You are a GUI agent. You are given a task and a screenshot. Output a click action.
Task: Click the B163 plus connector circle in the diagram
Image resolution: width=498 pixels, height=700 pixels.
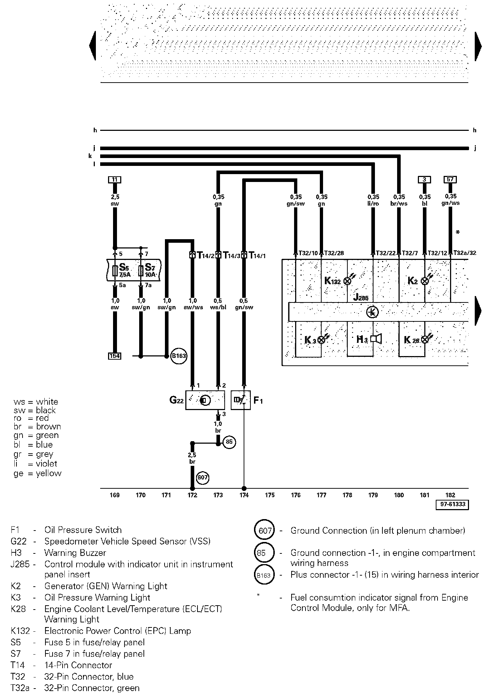(x=179, y=356)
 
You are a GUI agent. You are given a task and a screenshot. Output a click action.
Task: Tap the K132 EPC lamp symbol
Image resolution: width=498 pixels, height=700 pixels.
(x=347, y=281)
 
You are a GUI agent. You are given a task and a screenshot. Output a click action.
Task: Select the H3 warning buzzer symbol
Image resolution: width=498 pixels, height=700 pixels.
(x=376, y=339)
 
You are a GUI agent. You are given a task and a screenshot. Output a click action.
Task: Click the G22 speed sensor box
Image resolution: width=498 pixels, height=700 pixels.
(x=205, y=400)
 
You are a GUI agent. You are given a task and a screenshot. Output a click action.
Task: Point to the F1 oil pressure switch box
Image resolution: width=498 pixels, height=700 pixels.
(x=240, y=400)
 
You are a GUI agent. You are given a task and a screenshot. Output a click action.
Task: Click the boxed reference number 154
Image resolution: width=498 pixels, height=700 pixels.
(x=114, y=356)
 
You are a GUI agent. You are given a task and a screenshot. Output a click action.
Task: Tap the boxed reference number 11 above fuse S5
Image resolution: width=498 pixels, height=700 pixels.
(x=114, y=179)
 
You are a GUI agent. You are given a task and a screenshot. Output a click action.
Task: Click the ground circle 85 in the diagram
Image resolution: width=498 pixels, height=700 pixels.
(x=229, y=442)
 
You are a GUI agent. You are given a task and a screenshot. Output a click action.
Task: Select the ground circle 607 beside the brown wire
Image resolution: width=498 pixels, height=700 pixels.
(x=202, y=478)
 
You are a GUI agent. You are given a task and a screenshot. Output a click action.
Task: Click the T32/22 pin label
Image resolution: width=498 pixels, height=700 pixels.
(x=385, y=253)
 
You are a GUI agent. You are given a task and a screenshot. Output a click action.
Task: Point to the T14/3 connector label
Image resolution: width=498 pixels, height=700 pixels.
(x=231, y=255)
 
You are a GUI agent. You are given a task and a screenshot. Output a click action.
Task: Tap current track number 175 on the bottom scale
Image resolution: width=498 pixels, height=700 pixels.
(x=270, y=495)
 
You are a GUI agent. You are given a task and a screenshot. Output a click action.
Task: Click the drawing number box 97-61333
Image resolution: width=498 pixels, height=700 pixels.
(x=452, y=504)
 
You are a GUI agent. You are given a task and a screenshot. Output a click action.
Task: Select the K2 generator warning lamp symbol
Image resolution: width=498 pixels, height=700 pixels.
(x=425, y=281)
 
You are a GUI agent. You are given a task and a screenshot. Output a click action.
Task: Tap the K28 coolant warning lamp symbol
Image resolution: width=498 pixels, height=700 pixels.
(x=425, y=339)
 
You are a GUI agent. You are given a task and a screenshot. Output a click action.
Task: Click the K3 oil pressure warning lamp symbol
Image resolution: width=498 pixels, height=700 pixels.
(x=321, y=340)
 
